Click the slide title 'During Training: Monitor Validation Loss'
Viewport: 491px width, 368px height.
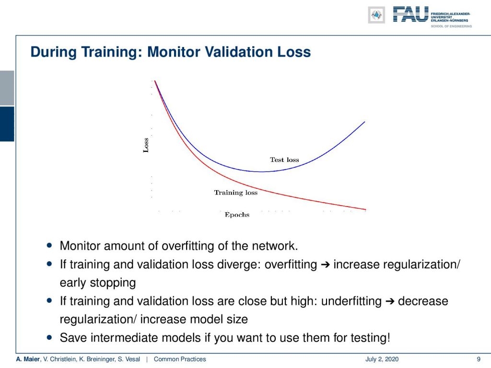point(171,52)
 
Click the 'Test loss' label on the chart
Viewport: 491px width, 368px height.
point(284,160)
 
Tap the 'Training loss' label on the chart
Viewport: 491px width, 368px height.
point(236,193)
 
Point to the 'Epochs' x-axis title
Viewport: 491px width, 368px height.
point(237,215)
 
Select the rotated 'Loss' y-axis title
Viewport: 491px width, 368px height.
point(146,145)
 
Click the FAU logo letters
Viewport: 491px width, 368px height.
point(410,14)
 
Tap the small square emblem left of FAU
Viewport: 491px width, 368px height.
point(376,15)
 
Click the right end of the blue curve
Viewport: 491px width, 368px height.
point(365,122)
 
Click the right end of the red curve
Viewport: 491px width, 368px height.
point(366,209)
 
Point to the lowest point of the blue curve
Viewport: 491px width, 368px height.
point(261,172)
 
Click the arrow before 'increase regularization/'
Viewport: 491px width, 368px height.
point(326,265)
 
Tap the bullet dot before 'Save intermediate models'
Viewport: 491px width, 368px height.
point(49,338)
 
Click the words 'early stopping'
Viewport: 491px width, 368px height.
point(98,283)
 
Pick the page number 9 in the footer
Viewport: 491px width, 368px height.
point(479,359)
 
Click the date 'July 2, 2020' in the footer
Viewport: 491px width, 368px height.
point(382,359)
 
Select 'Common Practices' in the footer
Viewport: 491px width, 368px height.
point(180,359)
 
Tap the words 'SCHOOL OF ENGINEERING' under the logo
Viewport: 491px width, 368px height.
point(451,26)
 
